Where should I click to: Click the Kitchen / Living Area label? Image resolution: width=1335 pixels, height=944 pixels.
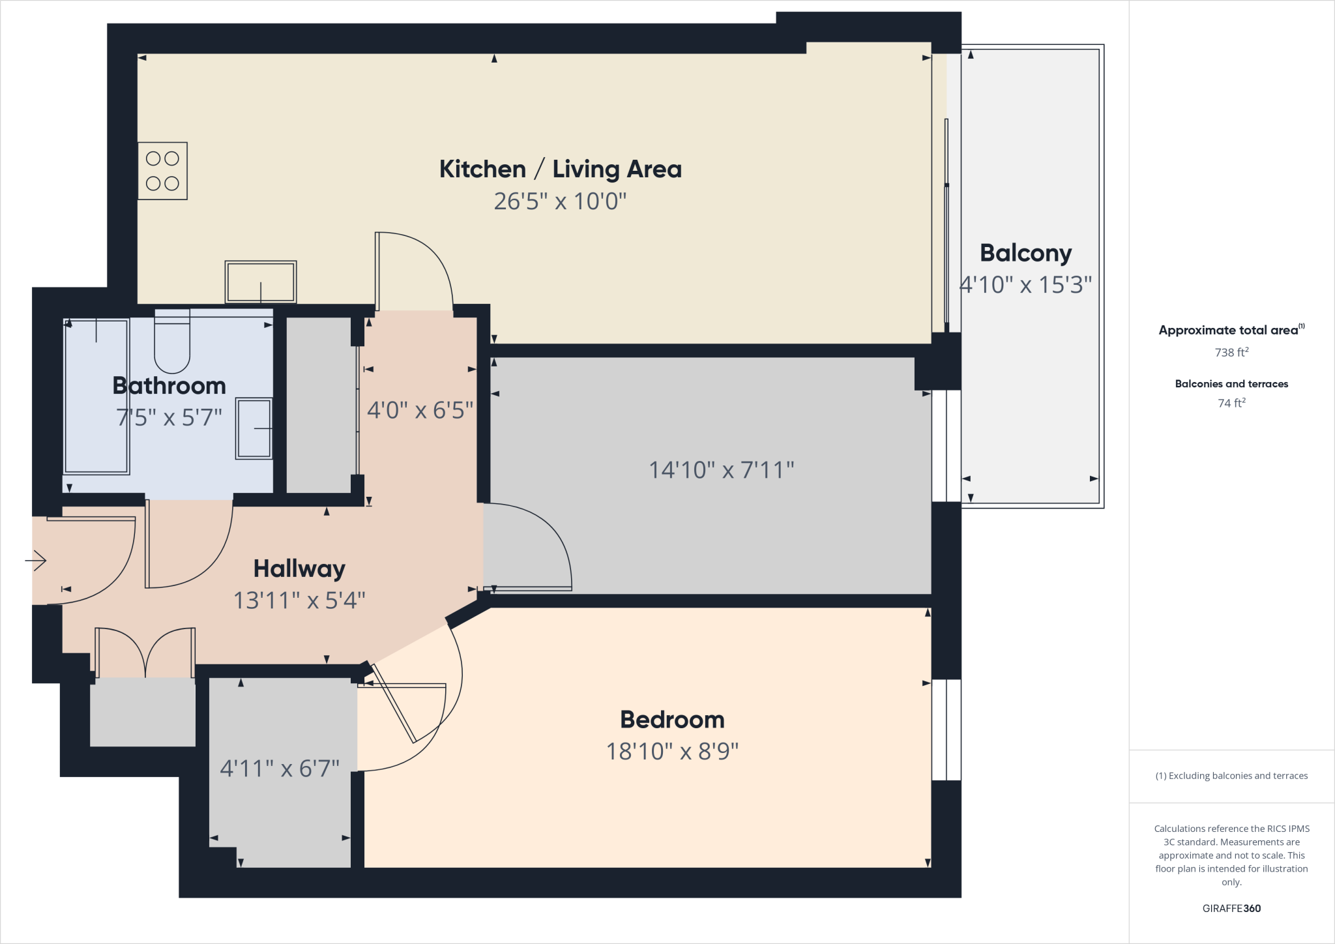tap(560, 170)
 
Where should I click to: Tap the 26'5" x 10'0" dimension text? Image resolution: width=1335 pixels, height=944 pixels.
tap(560, 201)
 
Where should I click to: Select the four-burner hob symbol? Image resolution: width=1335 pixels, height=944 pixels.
tap(162, 171)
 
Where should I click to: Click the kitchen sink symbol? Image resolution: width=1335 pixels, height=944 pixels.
tap(261, 282)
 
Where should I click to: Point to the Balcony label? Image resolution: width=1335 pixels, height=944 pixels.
tap(1025, 253)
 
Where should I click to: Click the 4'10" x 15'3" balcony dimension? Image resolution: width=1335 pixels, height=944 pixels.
tap(1025, 285)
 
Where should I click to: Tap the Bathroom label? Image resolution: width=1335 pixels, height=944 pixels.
tap(169, 386)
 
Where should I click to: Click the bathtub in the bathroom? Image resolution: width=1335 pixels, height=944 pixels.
tap(96, 396)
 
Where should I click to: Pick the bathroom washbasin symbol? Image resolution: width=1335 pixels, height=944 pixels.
tap(254, 428)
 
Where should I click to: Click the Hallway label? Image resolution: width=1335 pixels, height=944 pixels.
tap(299, 568)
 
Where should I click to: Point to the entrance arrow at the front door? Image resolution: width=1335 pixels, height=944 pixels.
tap(36, 560)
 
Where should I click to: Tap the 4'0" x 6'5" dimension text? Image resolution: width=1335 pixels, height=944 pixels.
tap(420, 410)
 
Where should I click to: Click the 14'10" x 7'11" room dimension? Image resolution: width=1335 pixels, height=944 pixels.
tap(721, 470)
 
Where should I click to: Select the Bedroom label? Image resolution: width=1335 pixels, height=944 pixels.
tap(672, 720)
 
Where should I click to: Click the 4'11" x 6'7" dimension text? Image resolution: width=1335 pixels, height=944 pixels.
tap(280, 769)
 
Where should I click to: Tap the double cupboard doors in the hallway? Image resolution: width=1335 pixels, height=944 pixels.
tap(145, 653)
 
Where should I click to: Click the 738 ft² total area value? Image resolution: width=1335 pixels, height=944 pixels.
tap(1231, 353)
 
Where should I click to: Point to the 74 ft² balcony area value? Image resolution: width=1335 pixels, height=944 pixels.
tap(1231, 404)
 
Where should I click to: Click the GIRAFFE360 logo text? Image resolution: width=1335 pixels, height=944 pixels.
tap(1231, 908)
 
